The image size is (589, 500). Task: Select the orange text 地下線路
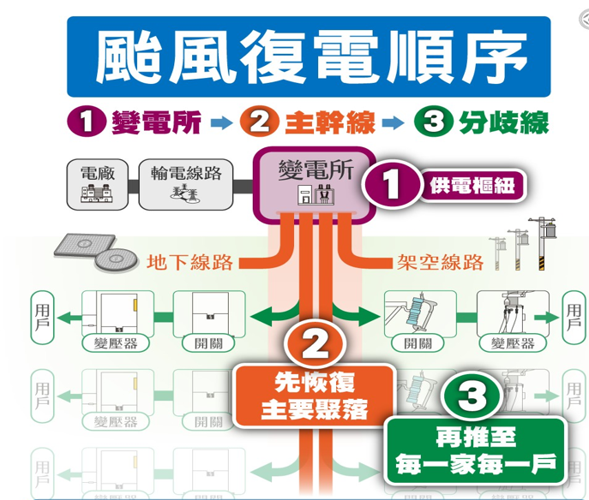click(x=190, y=262)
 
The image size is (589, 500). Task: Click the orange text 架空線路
click(x=441, y=262)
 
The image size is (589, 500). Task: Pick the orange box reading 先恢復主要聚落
click(x=315, y=395)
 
